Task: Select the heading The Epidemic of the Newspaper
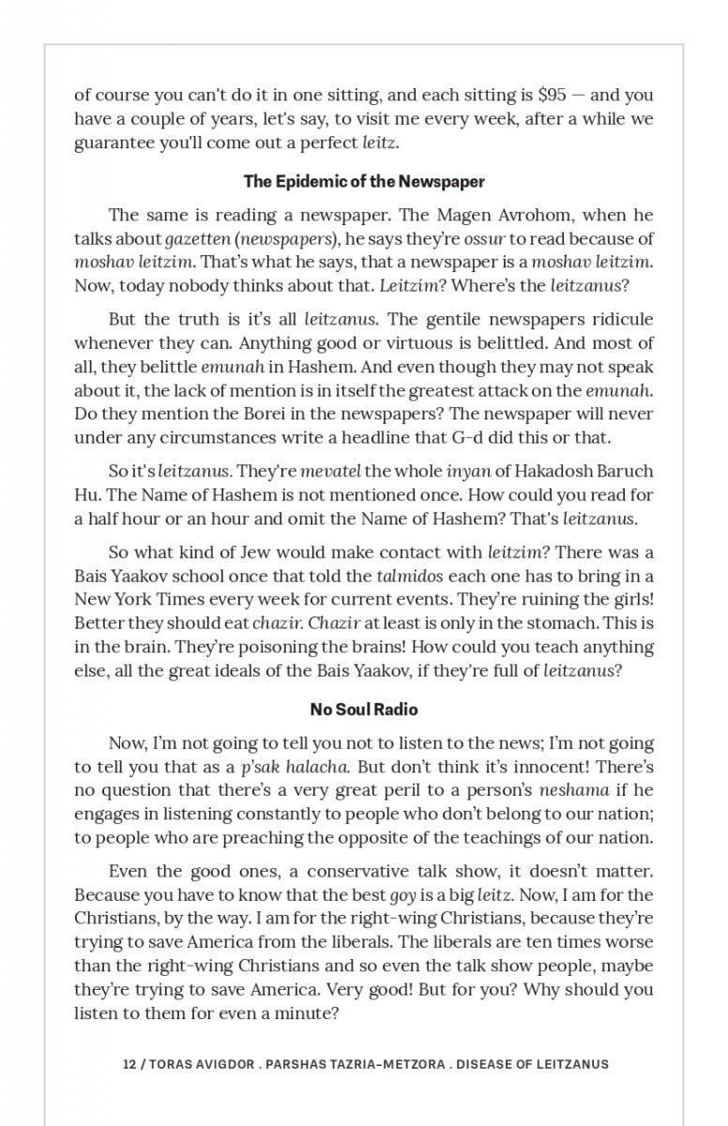coord(364,180)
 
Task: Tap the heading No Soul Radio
coord(364,708)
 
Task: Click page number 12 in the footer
coord(129,1064)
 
